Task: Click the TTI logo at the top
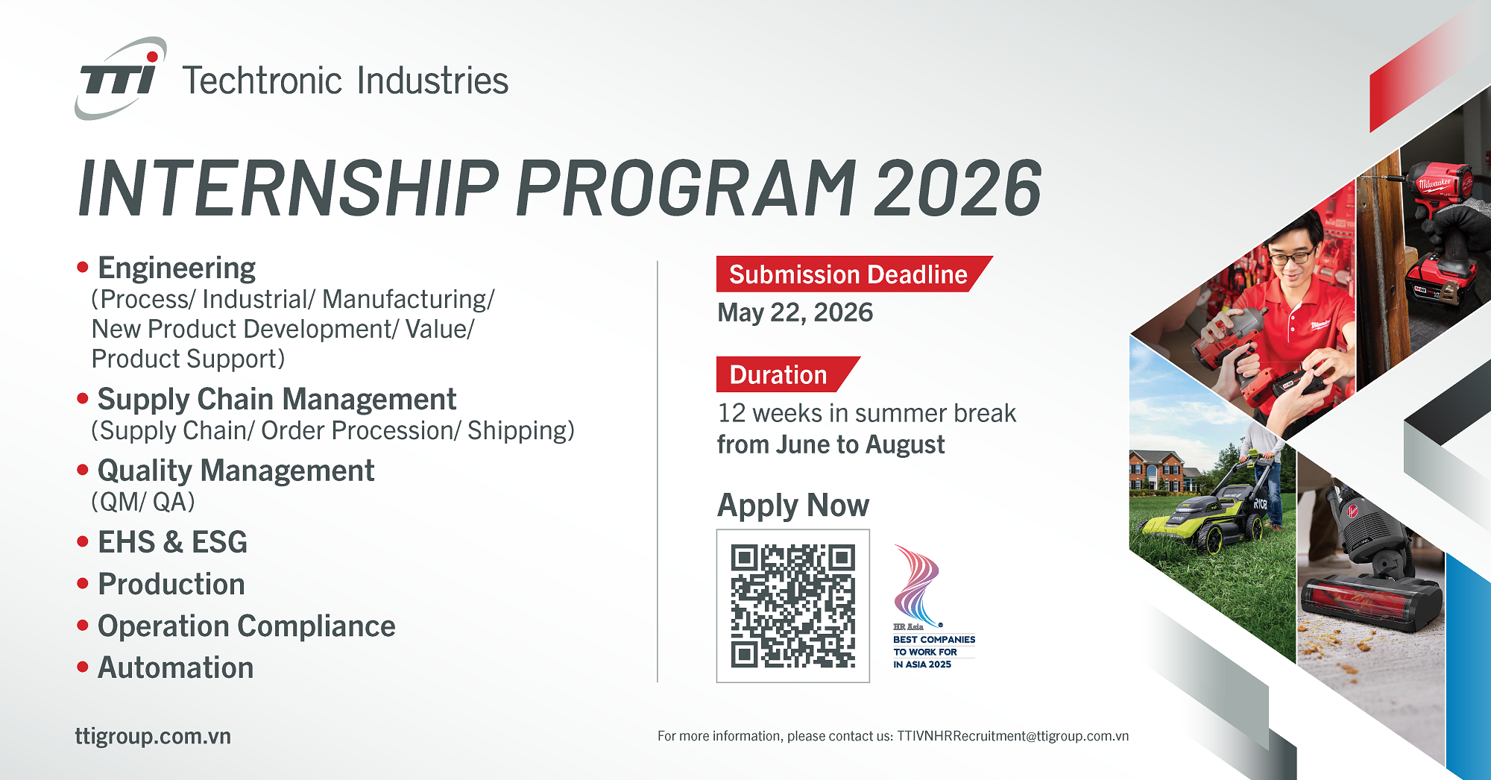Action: [x=121, y=78]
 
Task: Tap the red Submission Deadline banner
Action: [x=854, y=274]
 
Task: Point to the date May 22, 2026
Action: [x=795, y=312]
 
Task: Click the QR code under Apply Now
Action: [x=792, y=606]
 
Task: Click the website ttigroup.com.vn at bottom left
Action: [x=153, y=736]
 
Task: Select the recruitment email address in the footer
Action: [x=1012, y=736]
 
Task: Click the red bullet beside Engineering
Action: [x=83, y=267]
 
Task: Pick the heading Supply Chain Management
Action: [x=277, y=400]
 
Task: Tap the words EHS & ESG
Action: [x=172, y=542]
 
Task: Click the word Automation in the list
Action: [x=176, y=667]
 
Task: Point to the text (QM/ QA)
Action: [x=143, y=502]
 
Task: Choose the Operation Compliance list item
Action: [x=247, y=626]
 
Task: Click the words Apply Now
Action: [x=793, y=506]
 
